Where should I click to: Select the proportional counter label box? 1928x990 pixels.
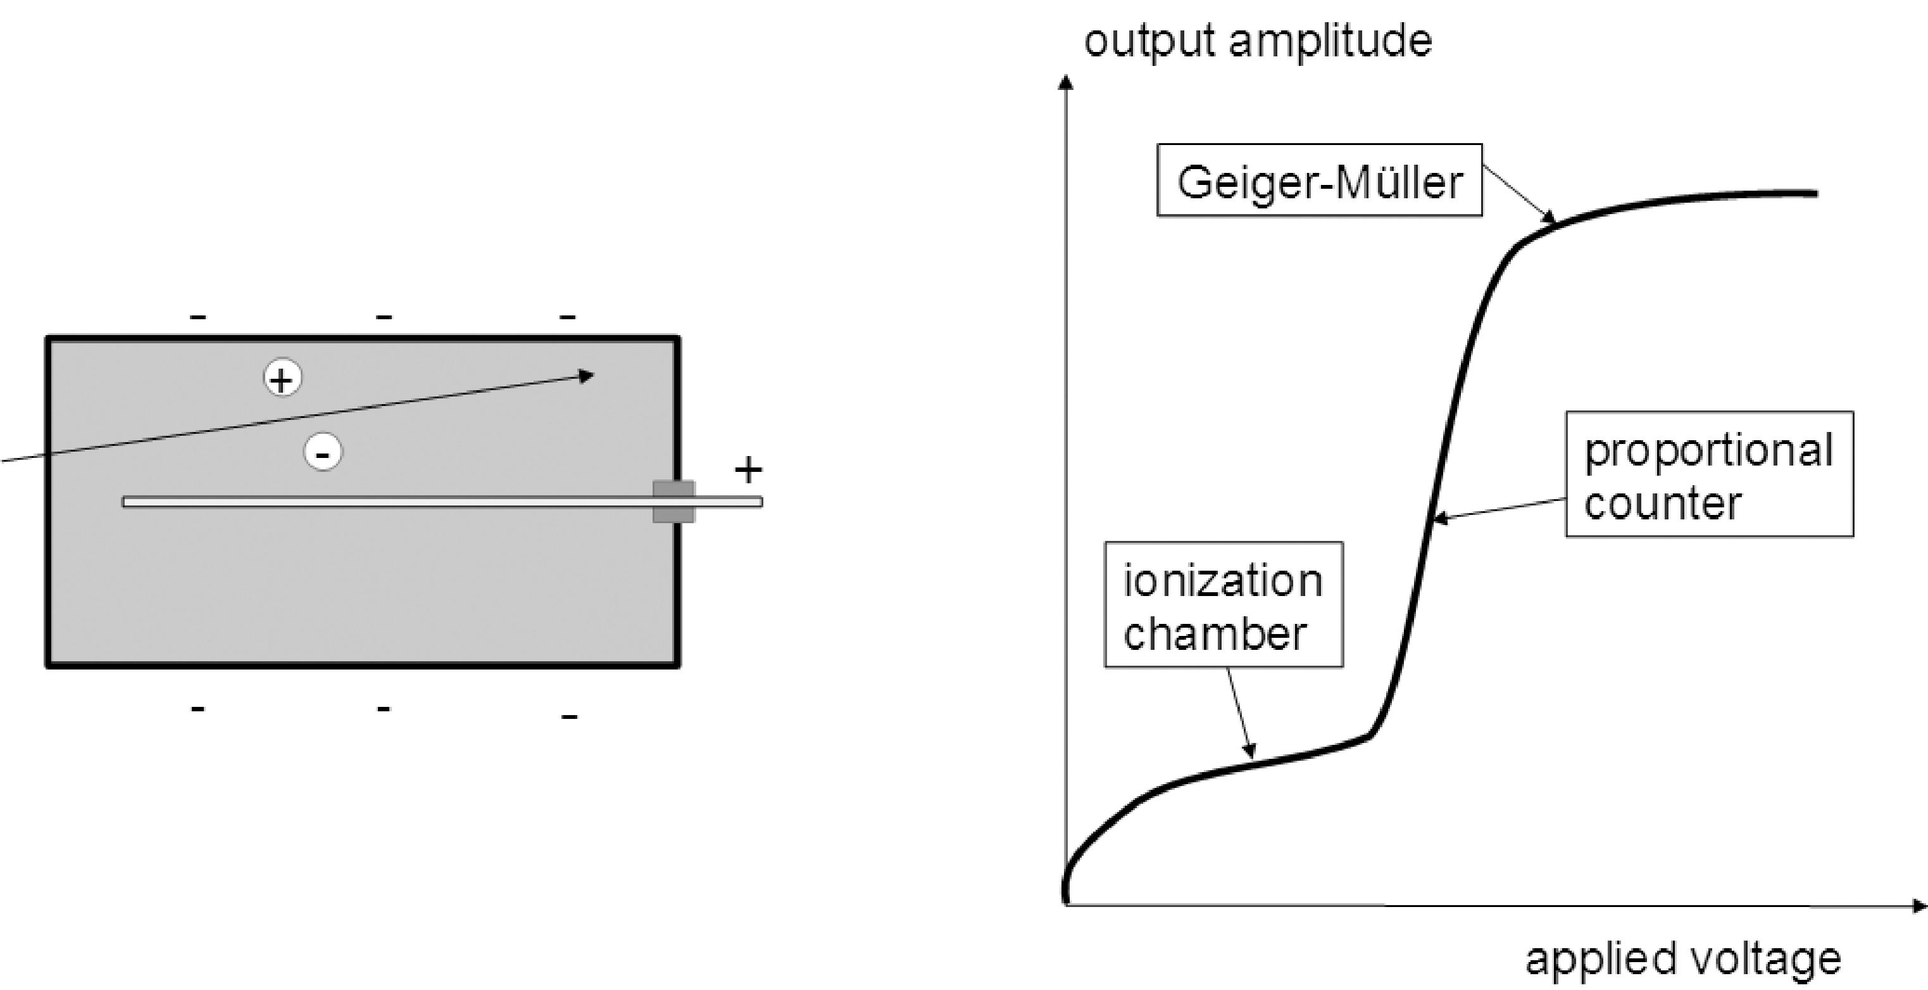(1709, 474)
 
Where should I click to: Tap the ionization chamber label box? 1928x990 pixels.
(1223, 604)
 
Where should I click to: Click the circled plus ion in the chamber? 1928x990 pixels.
(282, 378)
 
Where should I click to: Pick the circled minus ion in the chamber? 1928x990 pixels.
(323, 453)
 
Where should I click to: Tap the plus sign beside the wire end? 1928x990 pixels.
(748, 470)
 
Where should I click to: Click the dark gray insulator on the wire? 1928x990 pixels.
(673, 502)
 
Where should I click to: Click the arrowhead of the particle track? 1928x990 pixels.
(587, 375)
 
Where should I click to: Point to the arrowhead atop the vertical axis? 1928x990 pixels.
(1065, 82)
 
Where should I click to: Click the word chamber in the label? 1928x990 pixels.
(1214, 634)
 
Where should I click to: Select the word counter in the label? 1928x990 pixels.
(1662, 504)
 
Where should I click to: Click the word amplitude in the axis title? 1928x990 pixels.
(1330, 42)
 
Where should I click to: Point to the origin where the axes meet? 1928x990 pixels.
(1066, 904)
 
